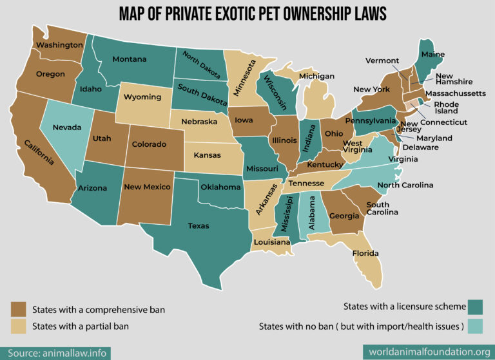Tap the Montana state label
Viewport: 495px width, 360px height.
point(130,59)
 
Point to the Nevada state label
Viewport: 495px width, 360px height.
point(67,128)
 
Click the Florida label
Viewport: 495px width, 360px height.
point(365,253)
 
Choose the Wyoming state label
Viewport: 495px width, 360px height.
point(142,97)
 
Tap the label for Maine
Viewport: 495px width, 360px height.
point(432,55)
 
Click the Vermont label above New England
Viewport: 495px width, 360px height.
point(382,61)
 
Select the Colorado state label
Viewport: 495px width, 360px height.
point(150,144)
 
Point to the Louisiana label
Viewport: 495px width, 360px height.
point(271,243)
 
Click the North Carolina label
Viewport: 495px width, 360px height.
point(405,185)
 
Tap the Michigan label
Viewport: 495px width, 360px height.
point(316,76)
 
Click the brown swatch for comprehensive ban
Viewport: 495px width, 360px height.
point(18,310)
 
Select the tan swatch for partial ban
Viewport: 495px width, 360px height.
point(18,327)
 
